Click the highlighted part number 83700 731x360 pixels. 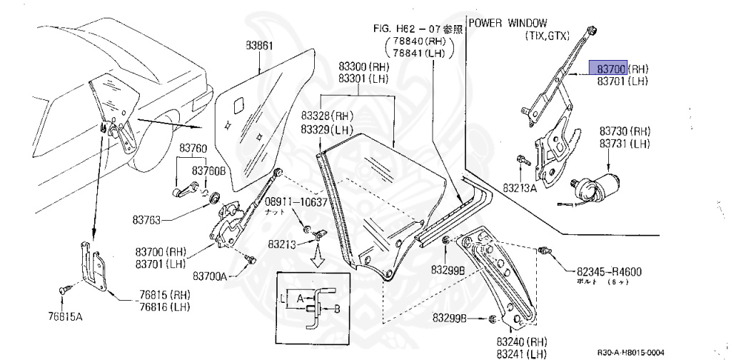coord(607,69)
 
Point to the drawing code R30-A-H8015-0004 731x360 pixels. coord(630,352)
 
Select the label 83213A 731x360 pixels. coord(519,189)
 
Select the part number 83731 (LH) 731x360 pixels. coord(624,144)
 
